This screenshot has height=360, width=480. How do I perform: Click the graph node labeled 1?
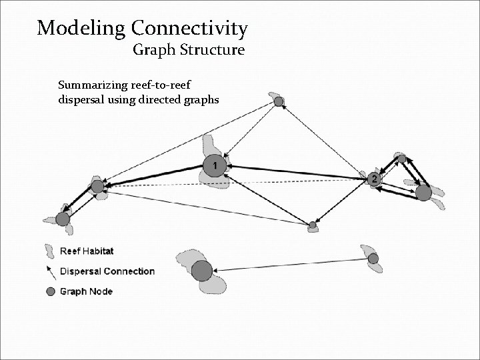[214, 165]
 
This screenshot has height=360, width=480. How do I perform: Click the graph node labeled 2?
[374, 179]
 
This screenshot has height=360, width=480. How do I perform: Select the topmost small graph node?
[279, 101]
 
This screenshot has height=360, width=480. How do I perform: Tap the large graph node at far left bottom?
[63, 219]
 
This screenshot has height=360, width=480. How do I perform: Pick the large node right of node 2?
[423, 193]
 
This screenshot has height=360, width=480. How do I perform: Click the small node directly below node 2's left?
[312, 225]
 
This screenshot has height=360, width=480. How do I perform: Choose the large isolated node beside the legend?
[202, 271]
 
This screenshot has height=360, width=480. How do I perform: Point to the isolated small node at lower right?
[373, 258]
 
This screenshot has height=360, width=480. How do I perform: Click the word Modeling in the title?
[81, 29]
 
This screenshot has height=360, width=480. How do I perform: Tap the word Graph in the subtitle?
[153, 50]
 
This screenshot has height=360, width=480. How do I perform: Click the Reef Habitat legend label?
[87, 251]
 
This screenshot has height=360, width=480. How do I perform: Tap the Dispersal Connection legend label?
[107, 271]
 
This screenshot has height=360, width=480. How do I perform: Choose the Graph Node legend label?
[86, 291]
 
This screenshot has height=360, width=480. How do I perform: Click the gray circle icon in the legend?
[50, 291]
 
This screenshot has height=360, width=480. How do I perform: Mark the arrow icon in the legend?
[50, 271]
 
